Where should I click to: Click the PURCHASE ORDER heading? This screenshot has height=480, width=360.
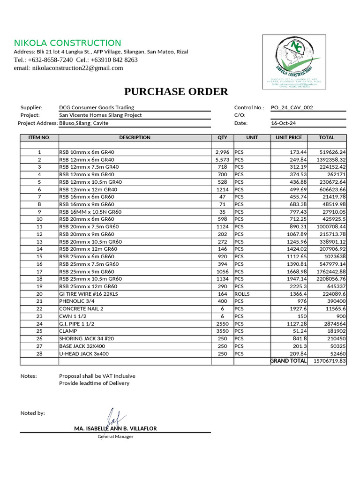coord(176,91)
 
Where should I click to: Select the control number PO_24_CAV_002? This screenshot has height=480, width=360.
coord(292,107)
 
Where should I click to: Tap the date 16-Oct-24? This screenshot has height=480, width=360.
coord(284,123)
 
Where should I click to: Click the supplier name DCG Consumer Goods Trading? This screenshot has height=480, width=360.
coord(97,107)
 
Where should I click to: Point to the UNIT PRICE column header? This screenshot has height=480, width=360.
coord(289,137)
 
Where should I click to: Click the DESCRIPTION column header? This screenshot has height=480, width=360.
coord(135,137)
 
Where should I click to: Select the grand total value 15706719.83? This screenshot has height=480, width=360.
coord(327,361)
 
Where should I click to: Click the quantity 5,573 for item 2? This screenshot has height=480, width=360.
coord(222,160)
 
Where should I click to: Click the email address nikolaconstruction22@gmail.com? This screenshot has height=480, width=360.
coord(68,68)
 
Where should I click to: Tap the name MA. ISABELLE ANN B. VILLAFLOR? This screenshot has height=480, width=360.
coord(115,428)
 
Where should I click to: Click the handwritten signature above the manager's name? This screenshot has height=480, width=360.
coord(111,417)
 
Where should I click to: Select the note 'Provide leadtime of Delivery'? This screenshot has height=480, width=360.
coord(94,383)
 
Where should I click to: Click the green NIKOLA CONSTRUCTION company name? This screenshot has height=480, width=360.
coord(67,43)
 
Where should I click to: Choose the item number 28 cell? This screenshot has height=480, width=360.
coord(39,353)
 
